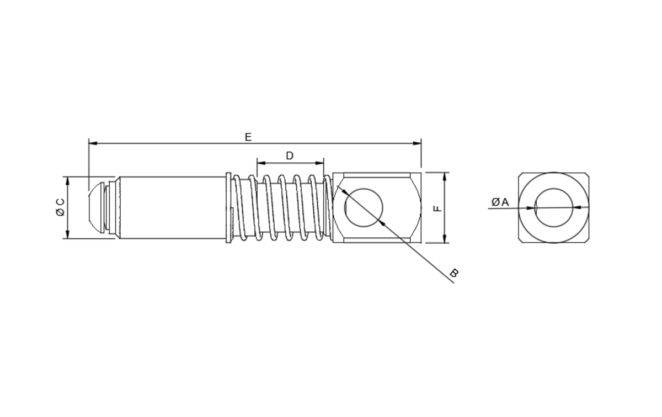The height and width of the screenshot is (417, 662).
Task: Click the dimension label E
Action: pos(248,137)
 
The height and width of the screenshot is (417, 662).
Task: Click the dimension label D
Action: pos(290,156)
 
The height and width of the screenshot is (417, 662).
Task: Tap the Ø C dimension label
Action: pos(60,207)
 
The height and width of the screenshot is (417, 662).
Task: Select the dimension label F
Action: pos(437,209)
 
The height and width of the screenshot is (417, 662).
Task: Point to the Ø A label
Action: pos(500,202)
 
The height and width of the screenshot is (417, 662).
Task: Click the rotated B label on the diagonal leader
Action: pos(454,273)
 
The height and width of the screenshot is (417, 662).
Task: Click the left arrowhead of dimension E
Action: pos(93,143)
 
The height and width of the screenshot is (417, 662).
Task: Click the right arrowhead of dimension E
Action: pos(417,143)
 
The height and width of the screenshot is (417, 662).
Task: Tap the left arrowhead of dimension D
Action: pos(261,163)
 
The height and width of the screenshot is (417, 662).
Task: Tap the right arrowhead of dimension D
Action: pos(319,163)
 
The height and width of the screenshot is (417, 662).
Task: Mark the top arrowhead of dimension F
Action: pos(445,177)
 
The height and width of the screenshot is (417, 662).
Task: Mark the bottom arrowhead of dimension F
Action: pos(445,239)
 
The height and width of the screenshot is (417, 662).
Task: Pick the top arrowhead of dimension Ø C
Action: pos(68,181)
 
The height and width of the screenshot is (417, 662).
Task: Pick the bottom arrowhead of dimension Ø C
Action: pos(68,234)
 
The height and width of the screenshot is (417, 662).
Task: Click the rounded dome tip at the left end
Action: pos(96,207)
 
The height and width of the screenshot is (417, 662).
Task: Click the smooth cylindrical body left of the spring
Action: pos(173,207)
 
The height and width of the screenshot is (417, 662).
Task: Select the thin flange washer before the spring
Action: pos(228,207)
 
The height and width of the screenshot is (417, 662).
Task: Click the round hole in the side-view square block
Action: pos(364,207)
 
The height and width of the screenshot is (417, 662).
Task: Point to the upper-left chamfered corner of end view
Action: pos(520,175)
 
